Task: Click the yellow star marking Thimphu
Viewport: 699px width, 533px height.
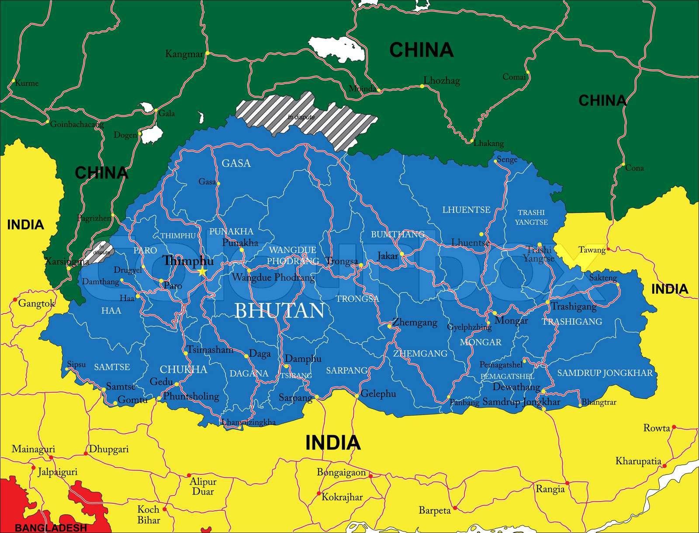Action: click(x=202, y=272)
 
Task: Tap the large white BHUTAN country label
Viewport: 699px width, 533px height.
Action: click(x=280, y=311)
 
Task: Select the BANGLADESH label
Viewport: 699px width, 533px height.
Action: click(x=51, y=528)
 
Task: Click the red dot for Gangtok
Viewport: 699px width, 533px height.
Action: click(x=15, y=300)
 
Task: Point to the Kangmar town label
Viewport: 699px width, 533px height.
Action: click(x=184, y=54)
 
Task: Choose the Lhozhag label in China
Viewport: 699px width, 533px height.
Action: click(x=442, y=80)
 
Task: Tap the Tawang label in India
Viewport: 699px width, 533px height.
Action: click(x=592, y=250)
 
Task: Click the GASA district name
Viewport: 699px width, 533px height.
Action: click(x=236, y=164)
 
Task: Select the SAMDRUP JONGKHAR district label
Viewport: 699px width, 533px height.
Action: click(x=605, y=373)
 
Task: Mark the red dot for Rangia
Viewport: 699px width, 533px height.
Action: click(x=568, y=483)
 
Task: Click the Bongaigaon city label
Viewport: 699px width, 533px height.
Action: click(x=341, y=473)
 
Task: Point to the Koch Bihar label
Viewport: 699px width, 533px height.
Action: click(x=149, y=515)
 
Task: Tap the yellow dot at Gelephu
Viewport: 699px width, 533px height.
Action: click(x=357, y=396)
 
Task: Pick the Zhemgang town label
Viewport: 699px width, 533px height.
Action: click(x=415, y=323)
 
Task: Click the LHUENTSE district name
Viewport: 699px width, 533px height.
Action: click(x=466, y=210)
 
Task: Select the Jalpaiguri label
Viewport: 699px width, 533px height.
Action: click(x=57, y=472)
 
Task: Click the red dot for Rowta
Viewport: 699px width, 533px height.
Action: click(x=674, y=427)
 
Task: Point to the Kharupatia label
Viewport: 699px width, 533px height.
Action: click(x=638, y=461)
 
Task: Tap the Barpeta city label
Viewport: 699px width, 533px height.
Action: click(x=434, y=510)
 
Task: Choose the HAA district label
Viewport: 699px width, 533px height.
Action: click(x=111, y=311)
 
